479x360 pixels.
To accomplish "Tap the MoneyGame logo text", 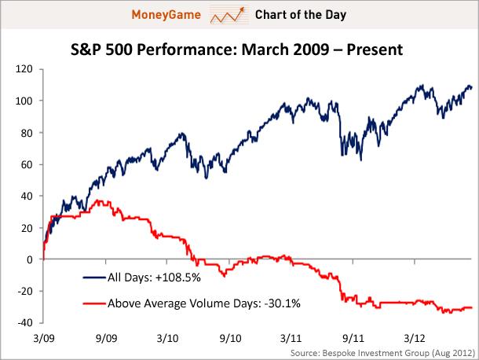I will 170,14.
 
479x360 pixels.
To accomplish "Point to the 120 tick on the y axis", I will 25,69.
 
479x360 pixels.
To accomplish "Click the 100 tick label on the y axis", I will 25,101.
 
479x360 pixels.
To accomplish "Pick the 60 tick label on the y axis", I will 28,164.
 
